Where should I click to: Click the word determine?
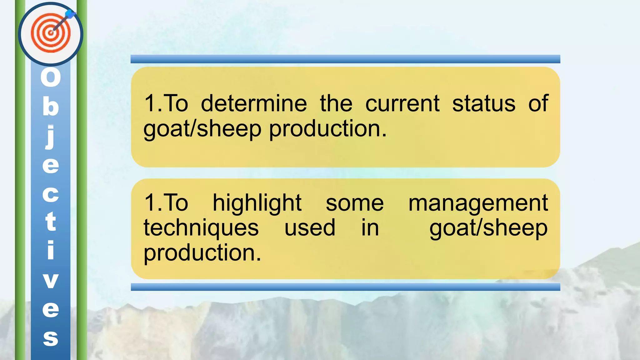254,104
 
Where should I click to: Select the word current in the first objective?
402,104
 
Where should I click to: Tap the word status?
484,104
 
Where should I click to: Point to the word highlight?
257,203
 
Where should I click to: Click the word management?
478,204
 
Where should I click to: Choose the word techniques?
201,228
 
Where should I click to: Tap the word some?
355,203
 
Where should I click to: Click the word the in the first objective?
336,104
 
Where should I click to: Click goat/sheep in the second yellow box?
488,228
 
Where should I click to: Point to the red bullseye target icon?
51,33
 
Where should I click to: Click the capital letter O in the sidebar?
51,77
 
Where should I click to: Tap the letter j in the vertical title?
51,136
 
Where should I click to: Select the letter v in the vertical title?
51,280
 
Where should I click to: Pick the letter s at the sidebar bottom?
51,338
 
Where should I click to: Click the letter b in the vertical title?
51,106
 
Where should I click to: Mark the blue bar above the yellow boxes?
345,59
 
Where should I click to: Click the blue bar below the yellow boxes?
345,287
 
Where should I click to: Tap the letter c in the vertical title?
51,194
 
